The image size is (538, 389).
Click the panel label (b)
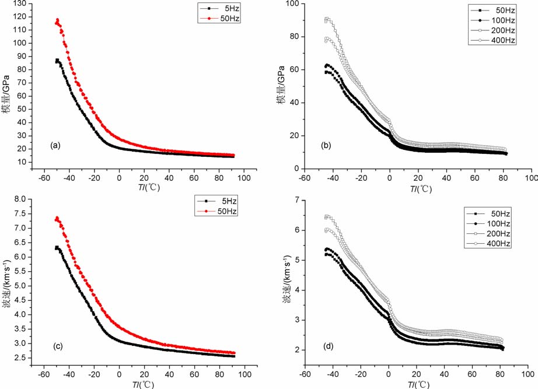tap(328, 150)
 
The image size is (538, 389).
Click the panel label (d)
tap(328, 345)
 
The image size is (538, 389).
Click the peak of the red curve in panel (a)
tap(57, 20)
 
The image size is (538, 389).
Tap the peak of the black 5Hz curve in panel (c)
tap(57, 247)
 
